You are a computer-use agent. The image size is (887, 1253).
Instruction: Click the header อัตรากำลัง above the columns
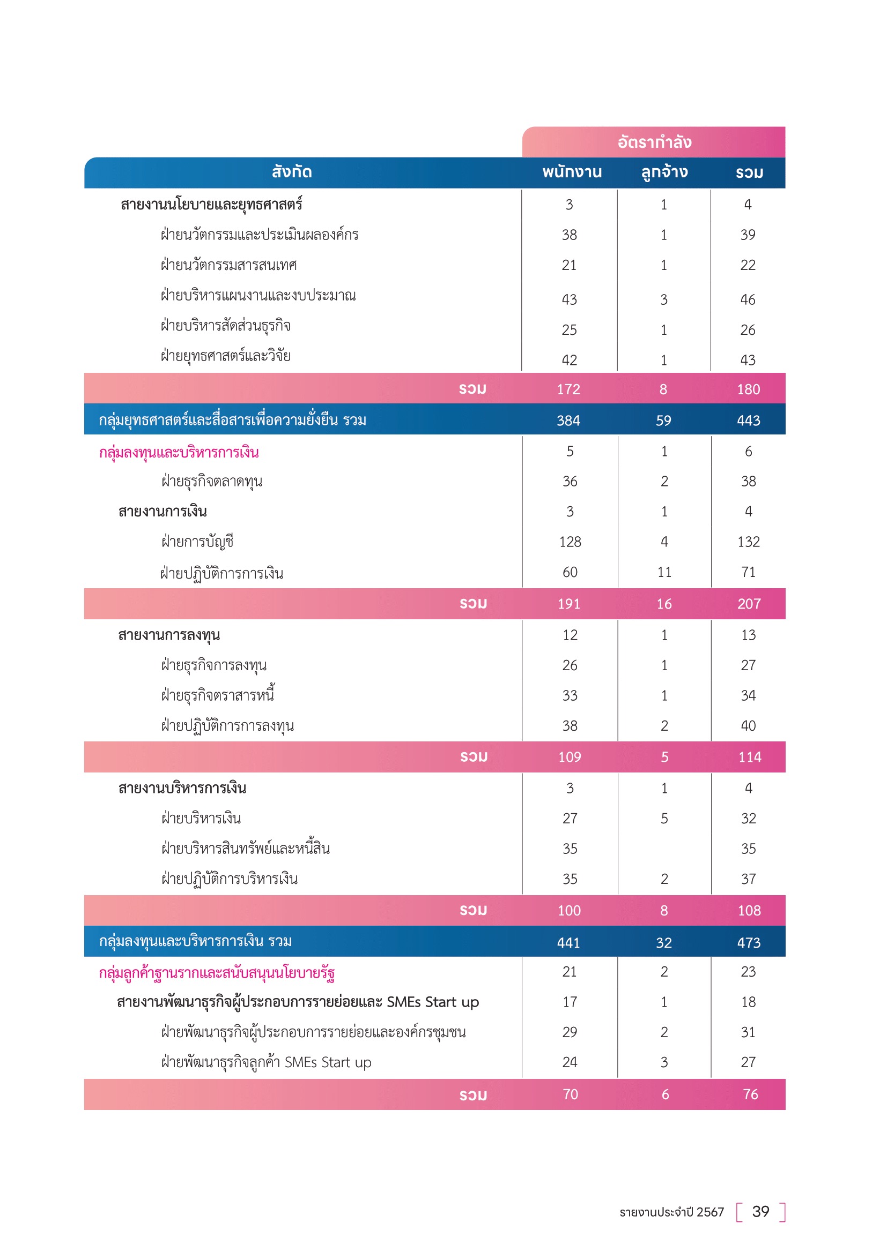coord(654,142)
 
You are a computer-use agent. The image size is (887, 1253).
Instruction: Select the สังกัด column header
coord(292,172)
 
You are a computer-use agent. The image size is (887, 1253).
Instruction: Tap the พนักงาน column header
coord(572,172)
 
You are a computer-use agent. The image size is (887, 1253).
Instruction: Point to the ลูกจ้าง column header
coord(664,172)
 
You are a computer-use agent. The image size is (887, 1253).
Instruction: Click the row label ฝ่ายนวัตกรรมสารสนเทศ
coord(229,265)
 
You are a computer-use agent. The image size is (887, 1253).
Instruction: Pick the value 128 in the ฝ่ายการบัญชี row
coord(570,542)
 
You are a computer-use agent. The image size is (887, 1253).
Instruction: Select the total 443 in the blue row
coord(748,421)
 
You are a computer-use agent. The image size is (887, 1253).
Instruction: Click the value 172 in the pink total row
coord(568,389)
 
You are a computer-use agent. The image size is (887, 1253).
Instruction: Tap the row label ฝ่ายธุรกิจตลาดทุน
coord(212,482)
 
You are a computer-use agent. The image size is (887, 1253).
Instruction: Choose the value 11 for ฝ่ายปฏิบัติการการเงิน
coord(664,573)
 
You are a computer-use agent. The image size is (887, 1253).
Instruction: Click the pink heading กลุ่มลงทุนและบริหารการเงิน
coord(179,453)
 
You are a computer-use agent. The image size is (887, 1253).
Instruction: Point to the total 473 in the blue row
coord(748,943)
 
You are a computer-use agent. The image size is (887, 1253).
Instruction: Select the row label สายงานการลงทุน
coord(169,635)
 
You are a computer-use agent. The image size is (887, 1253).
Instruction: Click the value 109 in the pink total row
coord(570,757)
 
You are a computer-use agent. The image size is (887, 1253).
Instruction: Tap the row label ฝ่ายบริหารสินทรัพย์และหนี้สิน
coord(246,849)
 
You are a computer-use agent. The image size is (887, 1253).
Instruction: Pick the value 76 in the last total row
coord(750,1095)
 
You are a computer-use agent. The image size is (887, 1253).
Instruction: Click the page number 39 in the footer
coord(760,1212)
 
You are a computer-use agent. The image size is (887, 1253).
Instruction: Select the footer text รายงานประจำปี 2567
coord(671,1213)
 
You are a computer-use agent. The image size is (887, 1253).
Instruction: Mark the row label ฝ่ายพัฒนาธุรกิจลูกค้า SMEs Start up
coord(267,1062)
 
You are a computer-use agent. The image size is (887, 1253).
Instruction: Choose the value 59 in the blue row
coord(663,421)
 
